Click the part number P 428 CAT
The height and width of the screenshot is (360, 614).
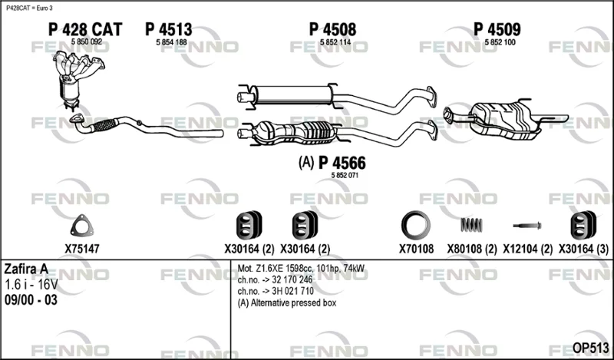pos(85,29)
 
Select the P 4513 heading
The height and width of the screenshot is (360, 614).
pos(169,29)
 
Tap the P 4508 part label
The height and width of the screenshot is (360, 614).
pos(333,29)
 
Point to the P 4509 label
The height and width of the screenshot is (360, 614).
pos(497,29)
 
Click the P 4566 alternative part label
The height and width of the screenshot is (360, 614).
pos(342,163)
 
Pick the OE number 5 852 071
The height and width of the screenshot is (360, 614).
pos(345,176)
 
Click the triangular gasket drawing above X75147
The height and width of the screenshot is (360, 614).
pos(82,226)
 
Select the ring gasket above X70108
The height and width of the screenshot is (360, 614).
pos(416,226)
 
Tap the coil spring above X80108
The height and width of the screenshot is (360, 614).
pos(471,225)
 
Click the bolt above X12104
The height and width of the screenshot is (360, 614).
pos(527,226)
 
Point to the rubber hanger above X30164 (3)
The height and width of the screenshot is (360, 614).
pos(583,225)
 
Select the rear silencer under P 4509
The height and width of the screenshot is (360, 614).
pos(505,120)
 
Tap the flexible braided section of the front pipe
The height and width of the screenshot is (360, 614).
pos(104,125)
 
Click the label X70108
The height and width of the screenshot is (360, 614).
pos(416,249)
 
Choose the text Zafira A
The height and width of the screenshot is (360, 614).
pos(26,269)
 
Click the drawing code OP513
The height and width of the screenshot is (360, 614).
pos(590,348)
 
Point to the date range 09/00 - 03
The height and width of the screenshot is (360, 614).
pos(31,299)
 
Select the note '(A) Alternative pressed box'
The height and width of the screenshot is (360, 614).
pos(287,302)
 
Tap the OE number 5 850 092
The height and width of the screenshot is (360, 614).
pos(87,42)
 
